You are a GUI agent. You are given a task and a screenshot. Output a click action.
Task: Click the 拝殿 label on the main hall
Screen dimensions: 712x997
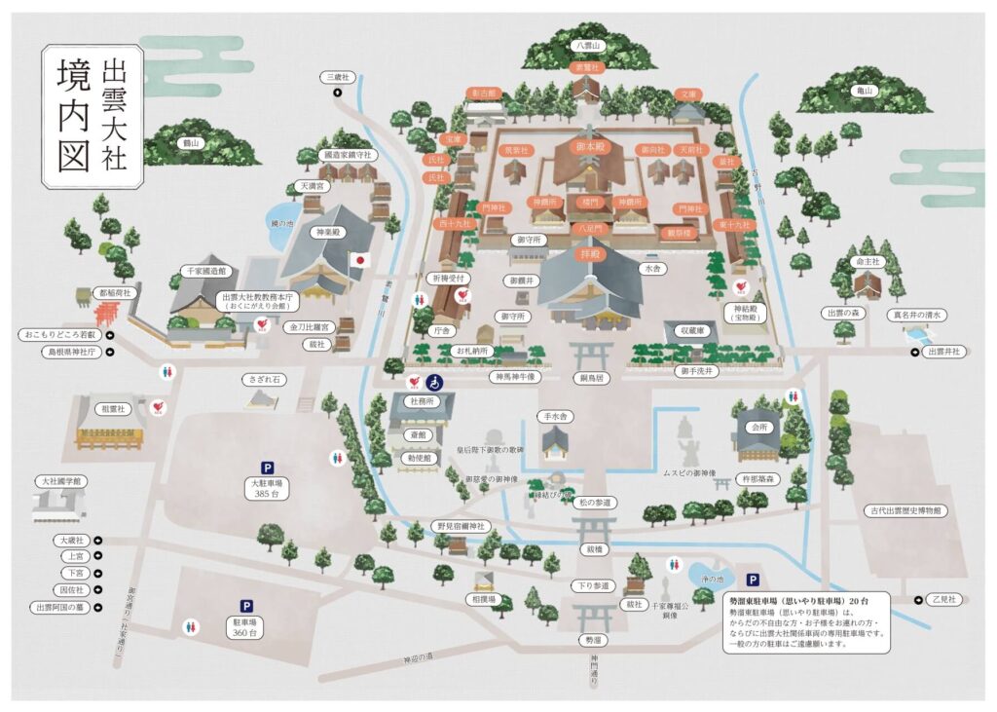[591, 251]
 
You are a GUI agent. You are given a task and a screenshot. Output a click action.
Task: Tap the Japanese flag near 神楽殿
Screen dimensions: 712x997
[359, 260]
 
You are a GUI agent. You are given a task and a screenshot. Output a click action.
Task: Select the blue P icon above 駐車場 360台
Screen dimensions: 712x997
[243, 605]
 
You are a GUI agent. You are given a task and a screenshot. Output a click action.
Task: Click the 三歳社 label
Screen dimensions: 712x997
[337, 76]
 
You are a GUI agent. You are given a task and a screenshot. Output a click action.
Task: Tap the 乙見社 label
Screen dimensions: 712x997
[943, 598]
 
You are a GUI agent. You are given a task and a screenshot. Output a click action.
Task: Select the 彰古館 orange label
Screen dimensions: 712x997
[484, 94]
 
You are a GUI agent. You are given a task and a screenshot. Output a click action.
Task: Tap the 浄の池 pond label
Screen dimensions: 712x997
[714, 579]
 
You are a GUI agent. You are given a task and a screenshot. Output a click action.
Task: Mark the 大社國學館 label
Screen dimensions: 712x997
[60, 481]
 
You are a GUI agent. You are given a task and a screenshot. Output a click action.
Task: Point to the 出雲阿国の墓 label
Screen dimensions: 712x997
[61, 608]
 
